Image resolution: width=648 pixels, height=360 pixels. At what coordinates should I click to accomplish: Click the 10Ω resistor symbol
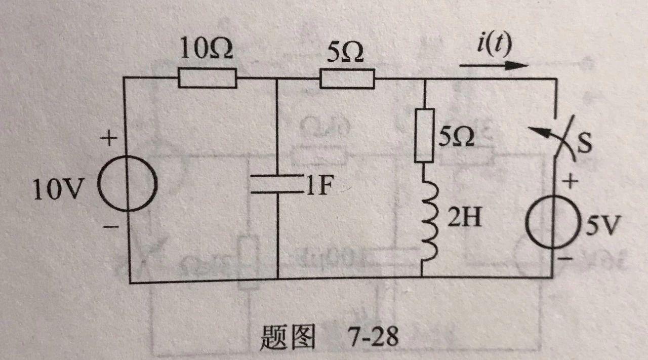click(208, 78)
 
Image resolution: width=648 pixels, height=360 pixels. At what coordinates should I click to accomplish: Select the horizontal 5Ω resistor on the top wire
click(347, 78)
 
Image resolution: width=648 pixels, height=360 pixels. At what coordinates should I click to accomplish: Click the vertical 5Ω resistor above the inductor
click(424, 135)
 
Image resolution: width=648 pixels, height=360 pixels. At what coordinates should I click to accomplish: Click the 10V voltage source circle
click(127, 185)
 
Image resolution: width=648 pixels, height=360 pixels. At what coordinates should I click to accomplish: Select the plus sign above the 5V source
click(571, 182)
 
